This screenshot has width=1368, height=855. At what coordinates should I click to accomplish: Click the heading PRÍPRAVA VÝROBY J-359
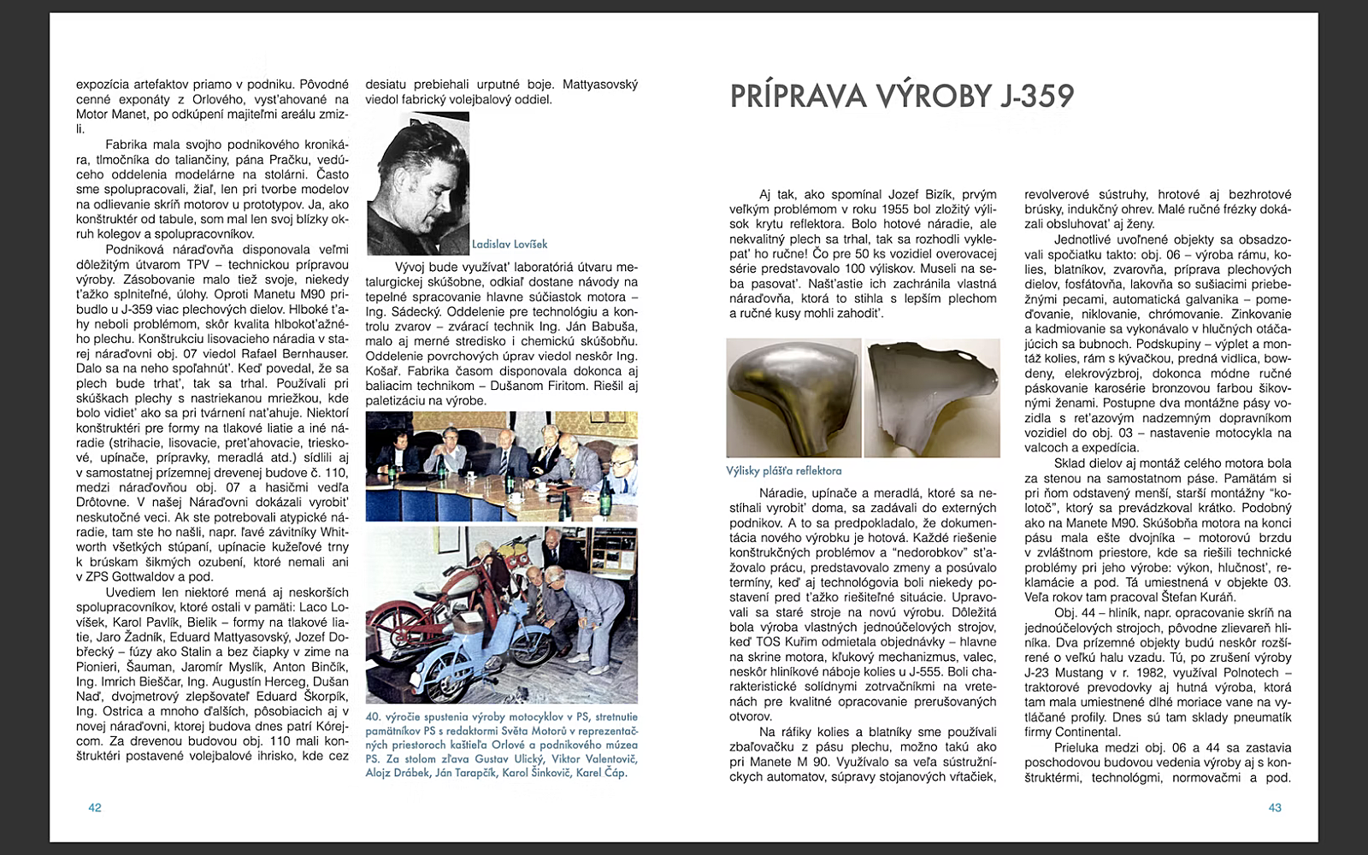pyautogui.click(x=901, y=96)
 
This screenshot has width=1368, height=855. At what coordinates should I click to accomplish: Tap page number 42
pyautogui.click(x=95, y=807)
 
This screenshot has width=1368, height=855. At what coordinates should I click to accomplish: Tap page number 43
pyautogui.click(x=1274, y=807)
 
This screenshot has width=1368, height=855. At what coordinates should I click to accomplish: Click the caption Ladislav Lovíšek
pyautogui.click(x=510, y=244)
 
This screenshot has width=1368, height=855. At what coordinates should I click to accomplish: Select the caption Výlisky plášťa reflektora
pyautogui.click(x=783, y=470)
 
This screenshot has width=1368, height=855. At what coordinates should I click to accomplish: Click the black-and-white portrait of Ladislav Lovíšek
pyautogui.click(x=418, y=183)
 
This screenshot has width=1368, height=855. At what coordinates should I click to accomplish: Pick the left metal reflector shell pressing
pyautogui.click(x=793, y=398)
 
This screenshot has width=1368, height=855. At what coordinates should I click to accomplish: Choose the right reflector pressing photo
pyautogui.click(x=932, y=398)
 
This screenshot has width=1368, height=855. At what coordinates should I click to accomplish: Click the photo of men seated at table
pyautogui.click(x=501, y=466)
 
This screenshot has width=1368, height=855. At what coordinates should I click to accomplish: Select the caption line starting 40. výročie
pyautogui.click(x=501, y=716)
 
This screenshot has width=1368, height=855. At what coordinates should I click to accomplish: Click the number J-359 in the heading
pyautogui.click(x=1036, y=96)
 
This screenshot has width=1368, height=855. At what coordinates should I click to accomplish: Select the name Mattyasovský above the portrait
pyautogui.click(x=599, y=85)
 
